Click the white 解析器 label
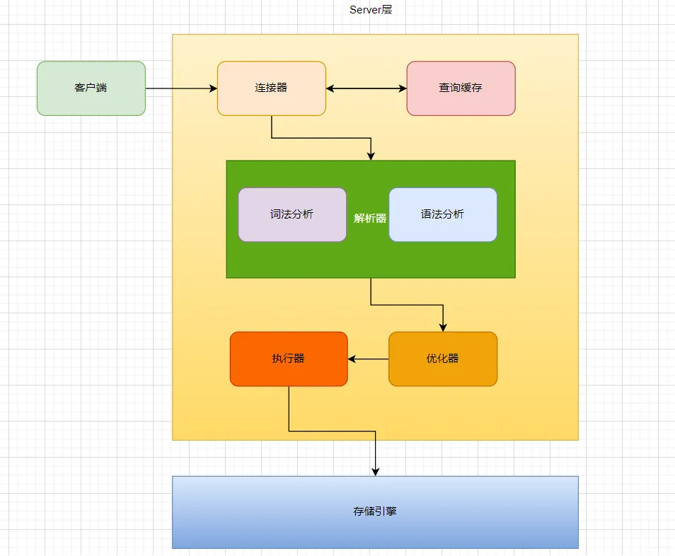click(x=370, y=219)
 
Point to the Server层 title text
click(x=371, y=10)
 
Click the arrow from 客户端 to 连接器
click(x=180, y=88)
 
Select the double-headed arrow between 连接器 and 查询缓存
click(x=366, y=88)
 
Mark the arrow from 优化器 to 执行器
click(x=368, y=359)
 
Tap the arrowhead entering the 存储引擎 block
click(x=375, y=471)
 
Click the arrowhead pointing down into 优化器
click(x=443, y=327)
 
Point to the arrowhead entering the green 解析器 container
click(x=371, y=156)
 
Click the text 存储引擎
click(x=375, y=511)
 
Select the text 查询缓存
click(x=461, y=88)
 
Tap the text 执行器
click(x=289, y=359)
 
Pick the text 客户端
click(x=91, y=88)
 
